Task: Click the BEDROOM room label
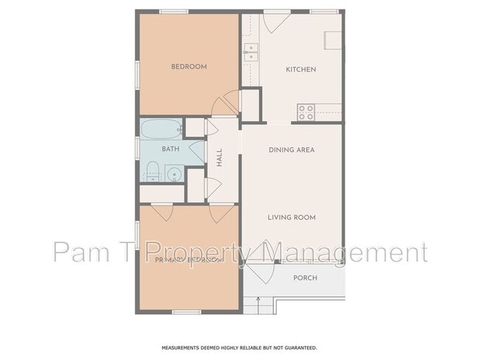tap(189, 66)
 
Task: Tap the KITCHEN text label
tap(301, 69)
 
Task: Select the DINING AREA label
tap(292, 150)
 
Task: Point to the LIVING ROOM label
tap(292, 217)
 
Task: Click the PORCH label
tap(305, 278)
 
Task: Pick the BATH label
tap(171, 149)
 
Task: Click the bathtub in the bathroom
tap(161, 128)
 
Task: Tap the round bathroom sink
tap(174, 174)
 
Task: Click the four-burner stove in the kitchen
tap(306, 112)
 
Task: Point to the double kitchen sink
tap(251, 52)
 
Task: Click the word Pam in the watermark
tap(77, 253)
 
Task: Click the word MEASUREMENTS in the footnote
tap(184, 347)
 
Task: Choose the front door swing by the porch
tap(258, 255)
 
